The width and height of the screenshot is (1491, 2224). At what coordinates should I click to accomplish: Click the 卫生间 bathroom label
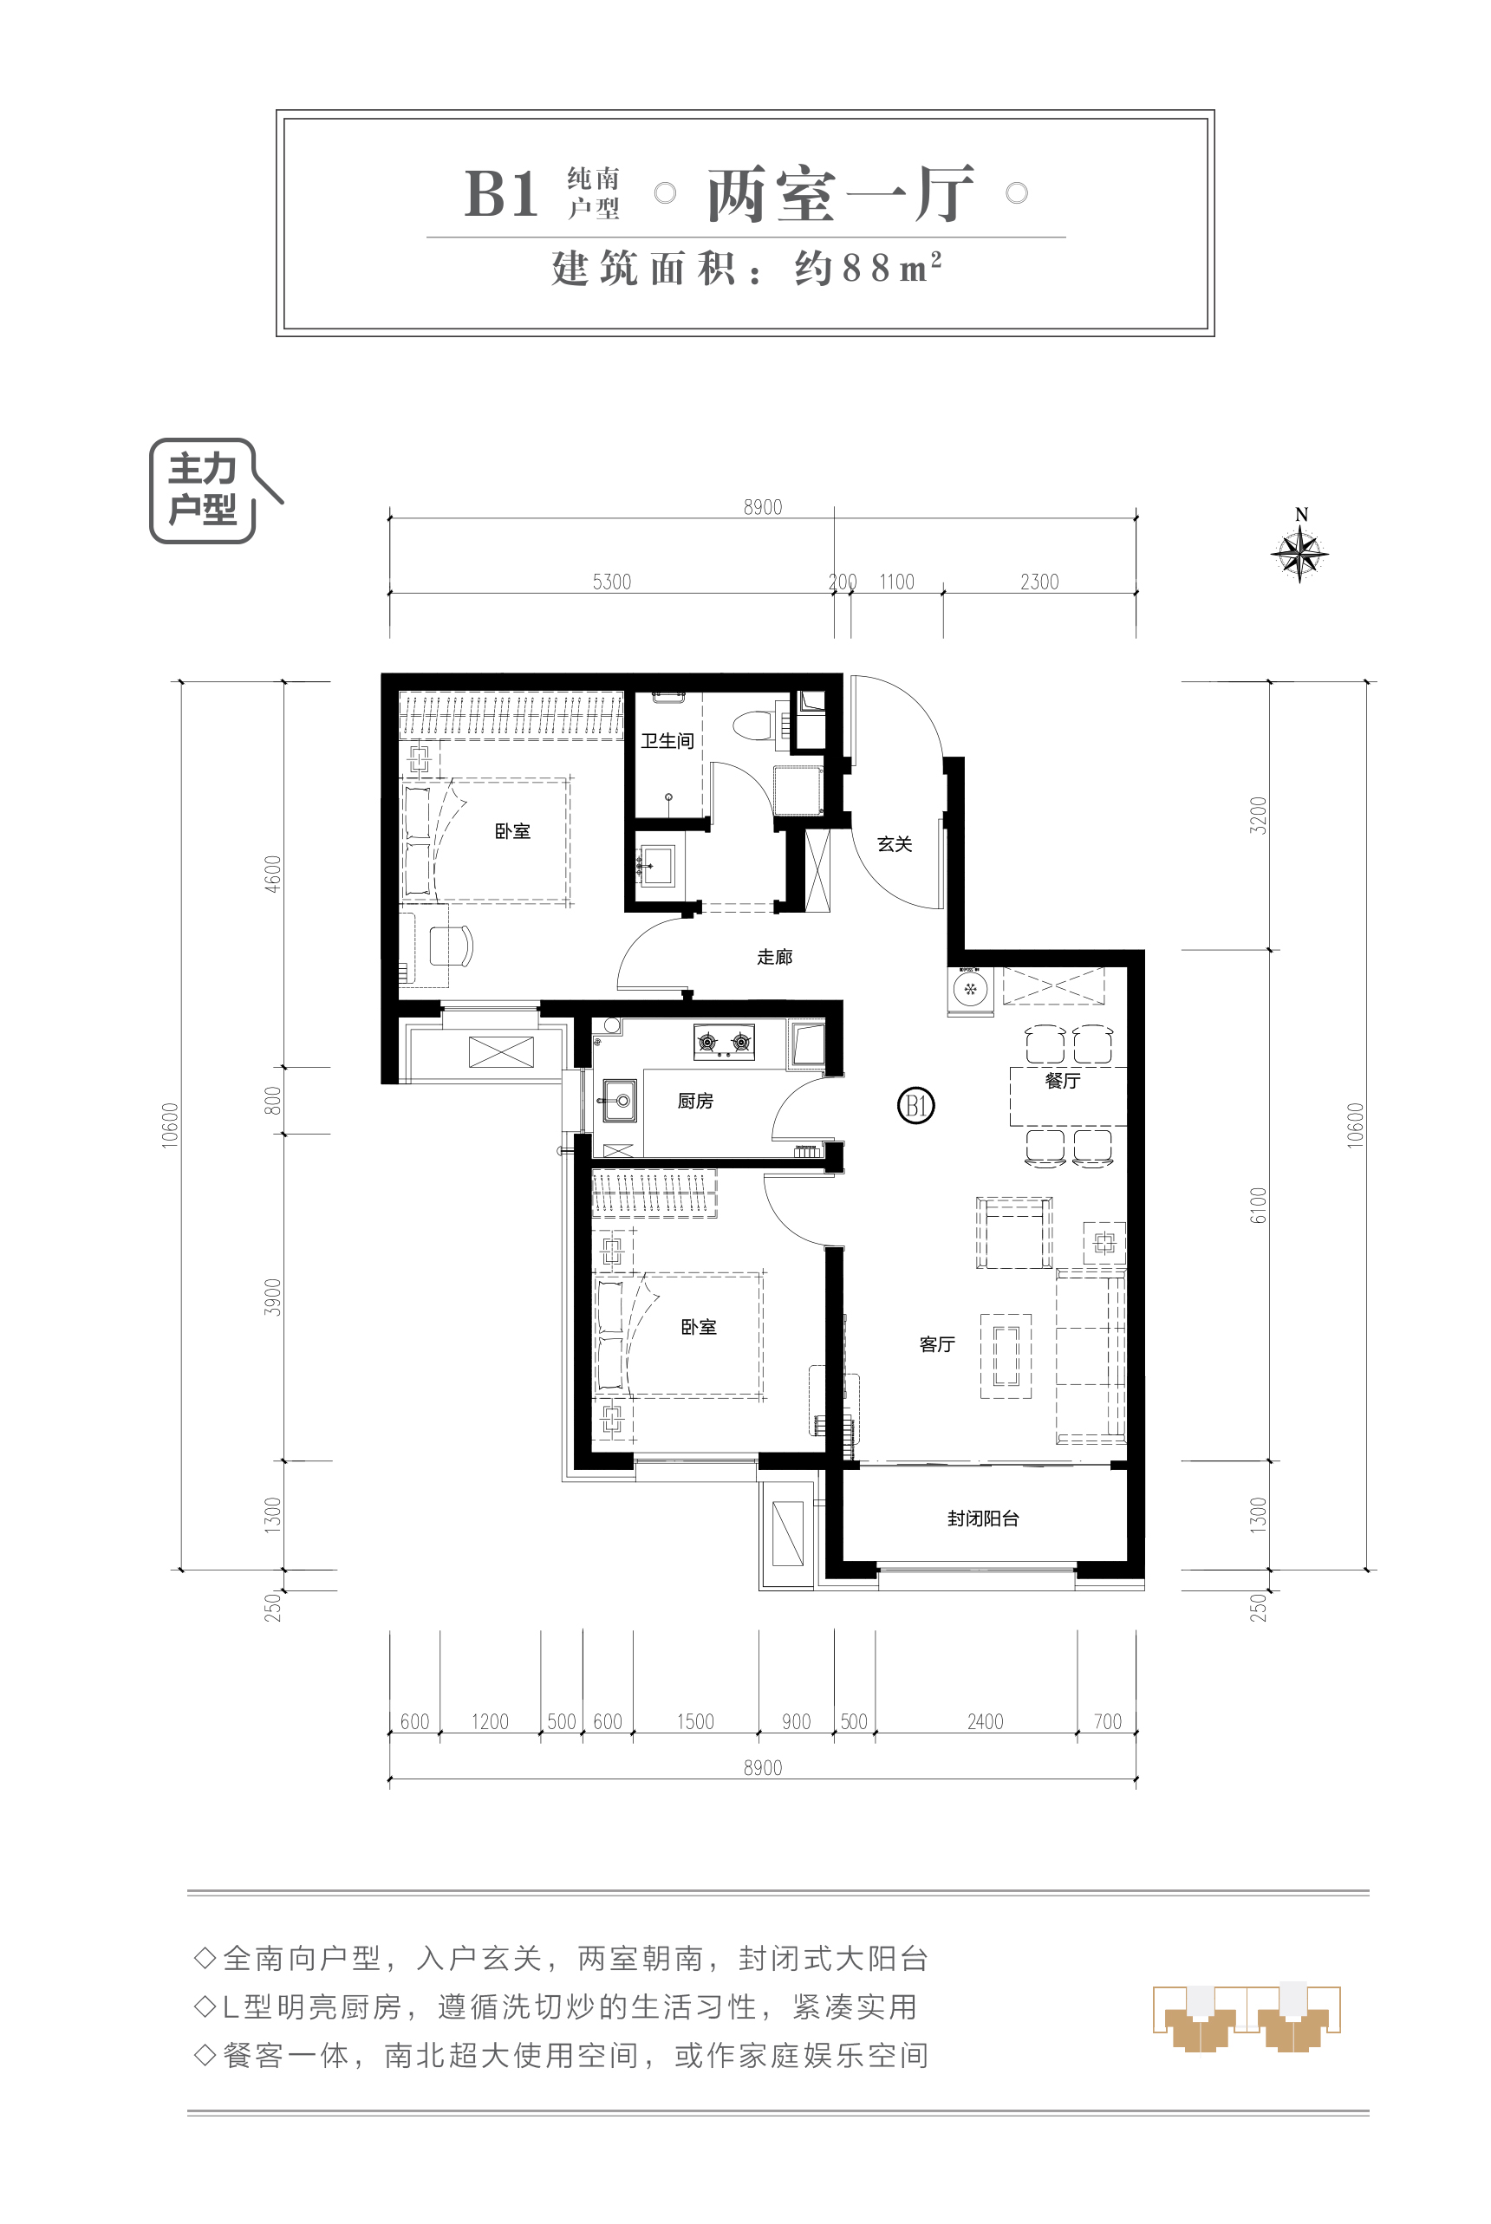(x=667, y=741)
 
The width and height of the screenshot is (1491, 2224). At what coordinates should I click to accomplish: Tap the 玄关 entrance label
(x=894, y=843)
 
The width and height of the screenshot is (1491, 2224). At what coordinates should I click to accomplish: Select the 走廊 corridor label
(x=774, y=957)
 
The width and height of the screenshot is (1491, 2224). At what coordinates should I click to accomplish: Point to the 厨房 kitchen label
(x=695, y=1100)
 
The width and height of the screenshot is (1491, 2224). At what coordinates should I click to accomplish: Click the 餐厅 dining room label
(x=1062, y=1080)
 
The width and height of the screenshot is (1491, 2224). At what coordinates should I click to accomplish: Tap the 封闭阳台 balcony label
(x=982, y=1518)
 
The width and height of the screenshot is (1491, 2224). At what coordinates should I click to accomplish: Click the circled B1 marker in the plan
(x=915, y=1105)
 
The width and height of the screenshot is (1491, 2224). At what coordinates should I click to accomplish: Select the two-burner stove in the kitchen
(x=724, y=1042)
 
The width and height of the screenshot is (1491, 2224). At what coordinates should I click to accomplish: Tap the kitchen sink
(x=618, y=1101)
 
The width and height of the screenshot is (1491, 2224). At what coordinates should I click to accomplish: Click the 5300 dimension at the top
(x=611, y=582)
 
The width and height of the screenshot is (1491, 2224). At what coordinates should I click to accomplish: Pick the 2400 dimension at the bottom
(x=985, y=1722)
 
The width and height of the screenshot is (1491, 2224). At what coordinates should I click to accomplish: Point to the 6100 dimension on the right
(x=1258, y=1206)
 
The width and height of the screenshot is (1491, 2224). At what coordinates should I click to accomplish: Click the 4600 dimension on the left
(x=273, y=874)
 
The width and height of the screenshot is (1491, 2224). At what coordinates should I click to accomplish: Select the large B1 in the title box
(x=501, y=194)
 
